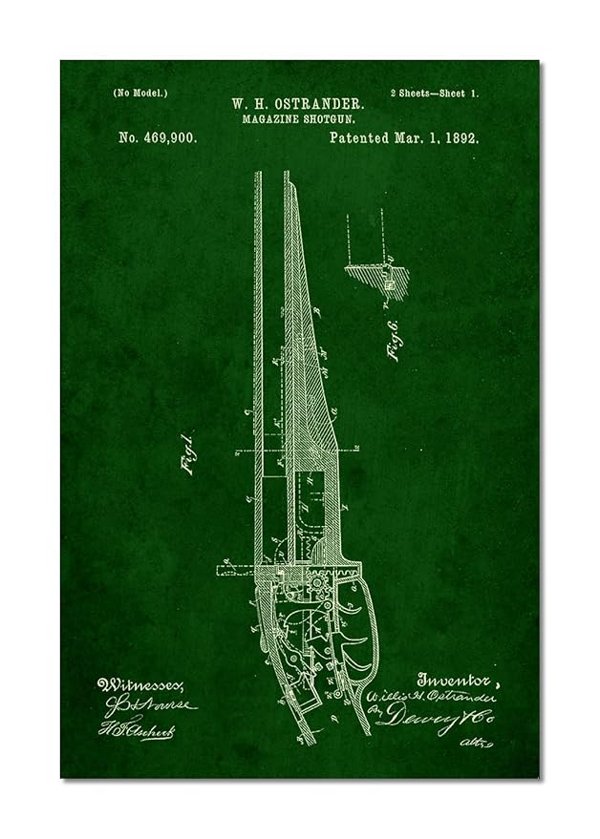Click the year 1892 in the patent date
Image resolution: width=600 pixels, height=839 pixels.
[461, 138]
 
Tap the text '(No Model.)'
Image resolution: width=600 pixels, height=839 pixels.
[140, 93]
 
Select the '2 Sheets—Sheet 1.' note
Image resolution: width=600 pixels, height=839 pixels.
[435, 93]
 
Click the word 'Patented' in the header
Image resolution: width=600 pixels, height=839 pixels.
[357, 138]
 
